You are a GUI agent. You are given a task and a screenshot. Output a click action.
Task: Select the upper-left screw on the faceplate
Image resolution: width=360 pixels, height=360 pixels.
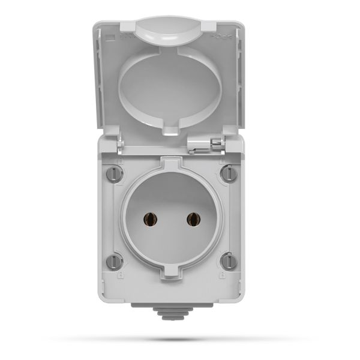coord(114,175)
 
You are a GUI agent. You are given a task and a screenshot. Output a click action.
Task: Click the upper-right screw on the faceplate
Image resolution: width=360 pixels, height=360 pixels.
coord(227,174)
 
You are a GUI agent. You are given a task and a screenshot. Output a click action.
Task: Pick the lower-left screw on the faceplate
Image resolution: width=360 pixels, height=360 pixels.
coord(114,261)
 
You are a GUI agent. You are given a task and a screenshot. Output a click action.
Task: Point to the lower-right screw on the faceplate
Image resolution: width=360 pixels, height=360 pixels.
coord(227,261)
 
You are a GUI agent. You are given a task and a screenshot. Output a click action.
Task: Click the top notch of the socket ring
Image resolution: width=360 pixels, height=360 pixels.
coord(170,164)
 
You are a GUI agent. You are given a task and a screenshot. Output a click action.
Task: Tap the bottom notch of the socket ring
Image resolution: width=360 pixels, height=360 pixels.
coord(170,271)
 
